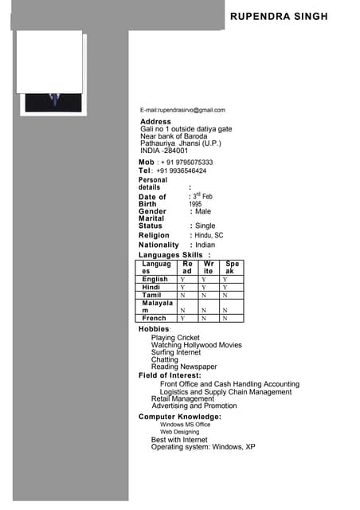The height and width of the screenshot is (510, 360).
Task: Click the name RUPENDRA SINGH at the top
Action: coord(279,16)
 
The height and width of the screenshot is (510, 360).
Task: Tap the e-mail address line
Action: coord(182,110)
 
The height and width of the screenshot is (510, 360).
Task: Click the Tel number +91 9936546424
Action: coord(182,171)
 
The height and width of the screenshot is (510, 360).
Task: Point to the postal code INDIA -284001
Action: coord(164,150)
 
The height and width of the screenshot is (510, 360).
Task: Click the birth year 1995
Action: coord(195,204)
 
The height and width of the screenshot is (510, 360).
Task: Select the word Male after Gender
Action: coord(203,211)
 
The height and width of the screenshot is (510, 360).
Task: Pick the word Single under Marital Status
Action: coord(205,226)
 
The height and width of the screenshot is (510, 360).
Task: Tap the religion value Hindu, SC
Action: coord(209,236)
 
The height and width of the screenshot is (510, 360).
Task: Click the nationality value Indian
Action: coord(205,245)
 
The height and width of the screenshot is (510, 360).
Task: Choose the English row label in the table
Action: coord(155,280)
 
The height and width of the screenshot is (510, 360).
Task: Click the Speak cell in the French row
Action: coord(225,318)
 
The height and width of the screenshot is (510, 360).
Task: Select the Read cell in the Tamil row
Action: coord(182,295)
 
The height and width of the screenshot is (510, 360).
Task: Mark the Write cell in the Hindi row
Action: coord(204,288)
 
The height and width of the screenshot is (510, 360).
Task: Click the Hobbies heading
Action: coord(154,329)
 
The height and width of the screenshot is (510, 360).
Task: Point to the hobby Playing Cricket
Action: coord(175,338)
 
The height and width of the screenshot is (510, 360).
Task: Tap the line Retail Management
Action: coord(182,399)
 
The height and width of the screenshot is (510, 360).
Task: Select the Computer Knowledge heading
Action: coord(180,417)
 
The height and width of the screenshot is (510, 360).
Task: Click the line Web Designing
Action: coord(179,432)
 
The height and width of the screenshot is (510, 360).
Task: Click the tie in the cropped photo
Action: coord(54,100)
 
